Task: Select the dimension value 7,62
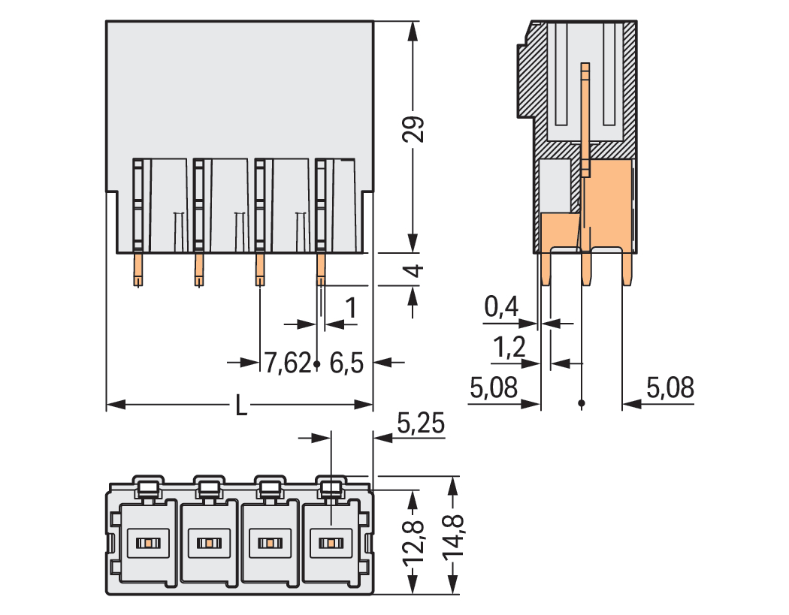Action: point(286,364)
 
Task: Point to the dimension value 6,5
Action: point(346,364)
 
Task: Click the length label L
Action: point(240,406)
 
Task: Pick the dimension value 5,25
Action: point(421,425)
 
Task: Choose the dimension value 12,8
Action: point(415,541)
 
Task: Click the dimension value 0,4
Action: point(501,306)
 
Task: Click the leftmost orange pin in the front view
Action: point(138,269)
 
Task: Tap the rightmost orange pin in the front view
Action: point(321,269)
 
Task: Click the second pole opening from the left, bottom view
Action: point(207,542)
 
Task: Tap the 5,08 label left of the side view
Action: point(493,388)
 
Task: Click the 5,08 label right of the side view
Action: point(670,388)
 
